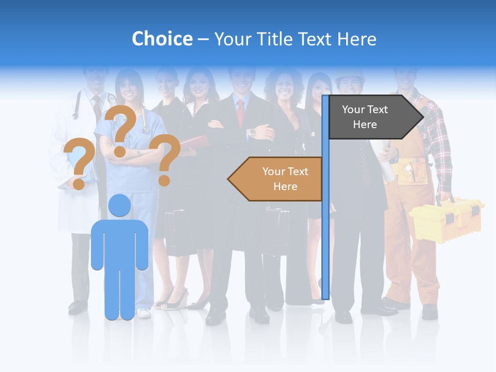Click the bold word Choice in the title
(x=162, y=39)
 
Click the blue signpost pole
(x=325, y=233)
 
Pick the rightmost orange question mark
(x=166, y=158)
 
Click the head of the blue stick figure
(x=119, y=206)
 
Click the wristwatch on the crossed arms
(x=252, y=132)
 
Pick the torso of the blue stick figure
(x=120, y=243)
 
